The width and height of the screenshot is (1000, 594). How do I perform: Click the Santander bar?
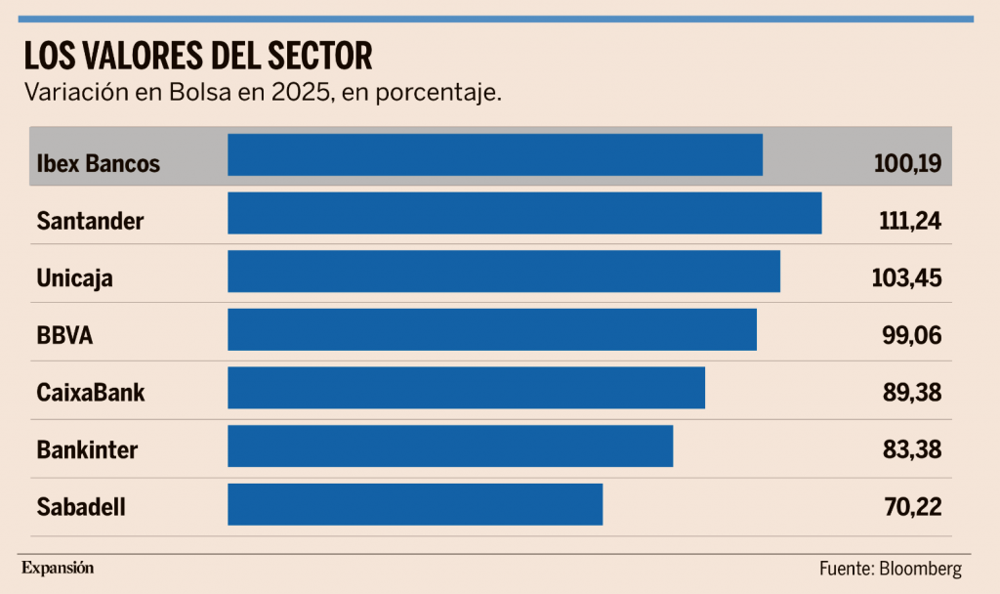[524, 213]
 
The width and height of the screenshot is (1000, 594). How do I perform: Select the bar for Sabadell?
[415, 504]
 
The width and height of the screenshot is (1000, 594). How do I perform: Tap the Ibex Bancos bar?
[495, 155]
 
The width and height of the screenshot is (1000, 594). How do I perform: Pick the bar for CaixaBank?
[466, 388]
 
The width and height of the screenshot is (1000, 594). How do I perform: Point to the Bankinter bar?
[450, 445]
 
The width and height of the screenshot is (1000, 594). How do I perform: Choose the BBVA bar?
[492, 329]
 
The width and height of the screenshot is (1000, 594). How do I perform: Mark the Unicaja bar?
[504, 272]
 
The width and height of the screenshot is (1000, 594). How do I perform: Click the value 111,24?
[909, 221]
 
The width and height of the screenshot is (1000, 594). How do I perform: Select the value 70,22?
[912, 506]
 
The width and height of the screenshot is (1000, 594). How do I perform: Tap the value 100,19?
[907, 163]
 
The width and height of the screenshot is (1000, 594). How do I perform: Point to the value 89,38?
[911, 392]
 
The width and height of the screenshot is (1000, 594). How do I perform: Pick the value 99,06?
[911, 335]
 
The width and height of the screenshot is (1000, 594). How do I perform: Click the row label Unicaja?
[74, 278]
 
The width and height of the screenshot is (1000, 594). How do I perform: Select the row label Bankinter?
[87, 450]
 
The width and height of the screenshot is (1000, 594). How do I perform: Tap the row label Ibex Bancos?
[98, 163]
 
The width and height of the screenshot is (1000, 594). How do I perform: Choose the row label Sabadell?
[81, 507]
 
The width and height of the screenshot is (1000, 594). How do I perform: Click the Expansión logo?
[58, 567]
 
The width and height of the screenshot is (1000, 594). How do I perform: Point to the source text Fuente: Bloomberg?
[891, 569]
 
